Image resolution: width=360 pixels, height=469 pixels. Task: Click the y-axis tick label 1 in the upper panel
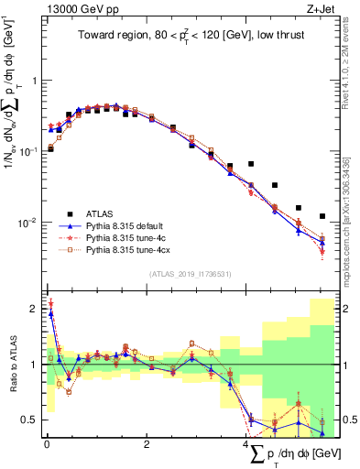[34, 81]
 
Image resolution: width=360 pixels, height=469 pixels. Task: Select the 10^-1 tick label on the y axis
[29, 150]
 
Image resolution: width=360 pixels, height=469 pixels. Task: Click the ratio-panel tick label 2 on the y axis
[34, 307]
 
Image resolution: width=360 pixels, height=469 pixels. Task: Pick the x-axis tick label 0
[47, 445]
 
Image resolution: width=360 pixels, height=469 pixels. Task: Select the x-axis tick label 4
[245, 445]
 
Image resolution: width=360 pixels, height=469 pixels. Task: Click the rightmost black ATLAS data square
[322, 216]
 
